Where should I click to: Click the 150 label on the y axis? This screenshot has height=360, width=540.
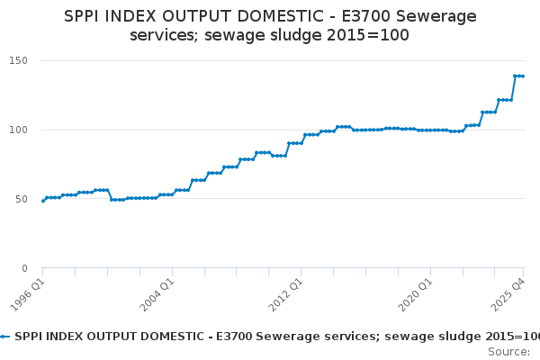click(x=18, y=60)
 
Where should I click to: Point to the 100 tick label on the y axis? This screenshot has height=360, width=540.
click(x=18, y=130)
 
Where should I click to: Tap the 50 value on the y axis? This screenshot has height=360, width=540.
click(x=22, y=199)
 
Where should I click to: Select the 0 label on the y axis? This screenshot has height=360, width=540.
click(x=24, y=268)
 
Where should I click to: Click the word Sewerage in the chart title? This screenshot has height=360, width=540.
click(x=436, y=16)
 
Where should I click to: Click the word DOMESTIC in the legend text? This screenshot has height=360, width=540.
click(x=178, y=337)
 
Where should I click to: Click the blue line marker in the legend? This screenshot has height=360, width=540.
click(x=4, y=337)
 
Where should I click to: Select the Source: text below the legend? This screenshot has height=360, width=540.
click(x=509, y=352)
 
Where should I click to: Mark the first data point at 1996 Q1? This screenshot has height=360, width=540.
click(x=43, y=201)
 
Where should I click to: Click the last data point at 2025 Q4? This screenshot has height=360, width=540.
click(x=523, y=76)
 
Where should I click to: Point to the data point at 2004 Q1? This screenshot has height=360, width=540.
click(x=172, y=194)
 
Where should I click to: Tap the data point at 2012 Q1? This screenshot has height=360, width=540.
click(x=301, y=143)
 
